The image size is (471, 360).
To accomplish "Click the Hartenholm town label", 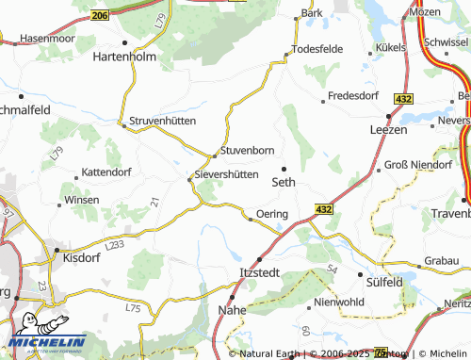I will coord(124,57).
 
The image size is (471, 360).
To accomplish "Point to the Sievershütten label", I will coord(226,174).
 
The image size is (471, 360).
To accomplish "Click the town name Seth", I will coord(284,182).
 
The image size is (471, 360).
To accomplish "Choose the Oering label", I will coord(271,215).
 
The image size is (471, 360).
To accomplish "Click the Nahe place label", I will coord(233,309).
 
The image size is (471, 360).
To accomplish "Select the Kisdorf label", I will coord(79,256).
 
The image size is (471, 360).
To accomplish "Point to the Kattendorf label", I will coord(106,172).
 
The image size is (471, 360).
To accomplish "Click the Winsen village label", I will coord(81,201).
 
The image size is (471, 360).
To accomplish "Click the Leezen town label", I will coord(388,129).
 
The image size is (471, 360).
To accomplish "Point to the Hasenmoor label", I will coord(46,39).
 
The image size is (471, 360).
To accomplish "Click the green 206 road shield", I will coord(102,15).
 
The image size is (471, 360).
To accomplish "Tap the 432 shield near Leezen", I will coord(404,99).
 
